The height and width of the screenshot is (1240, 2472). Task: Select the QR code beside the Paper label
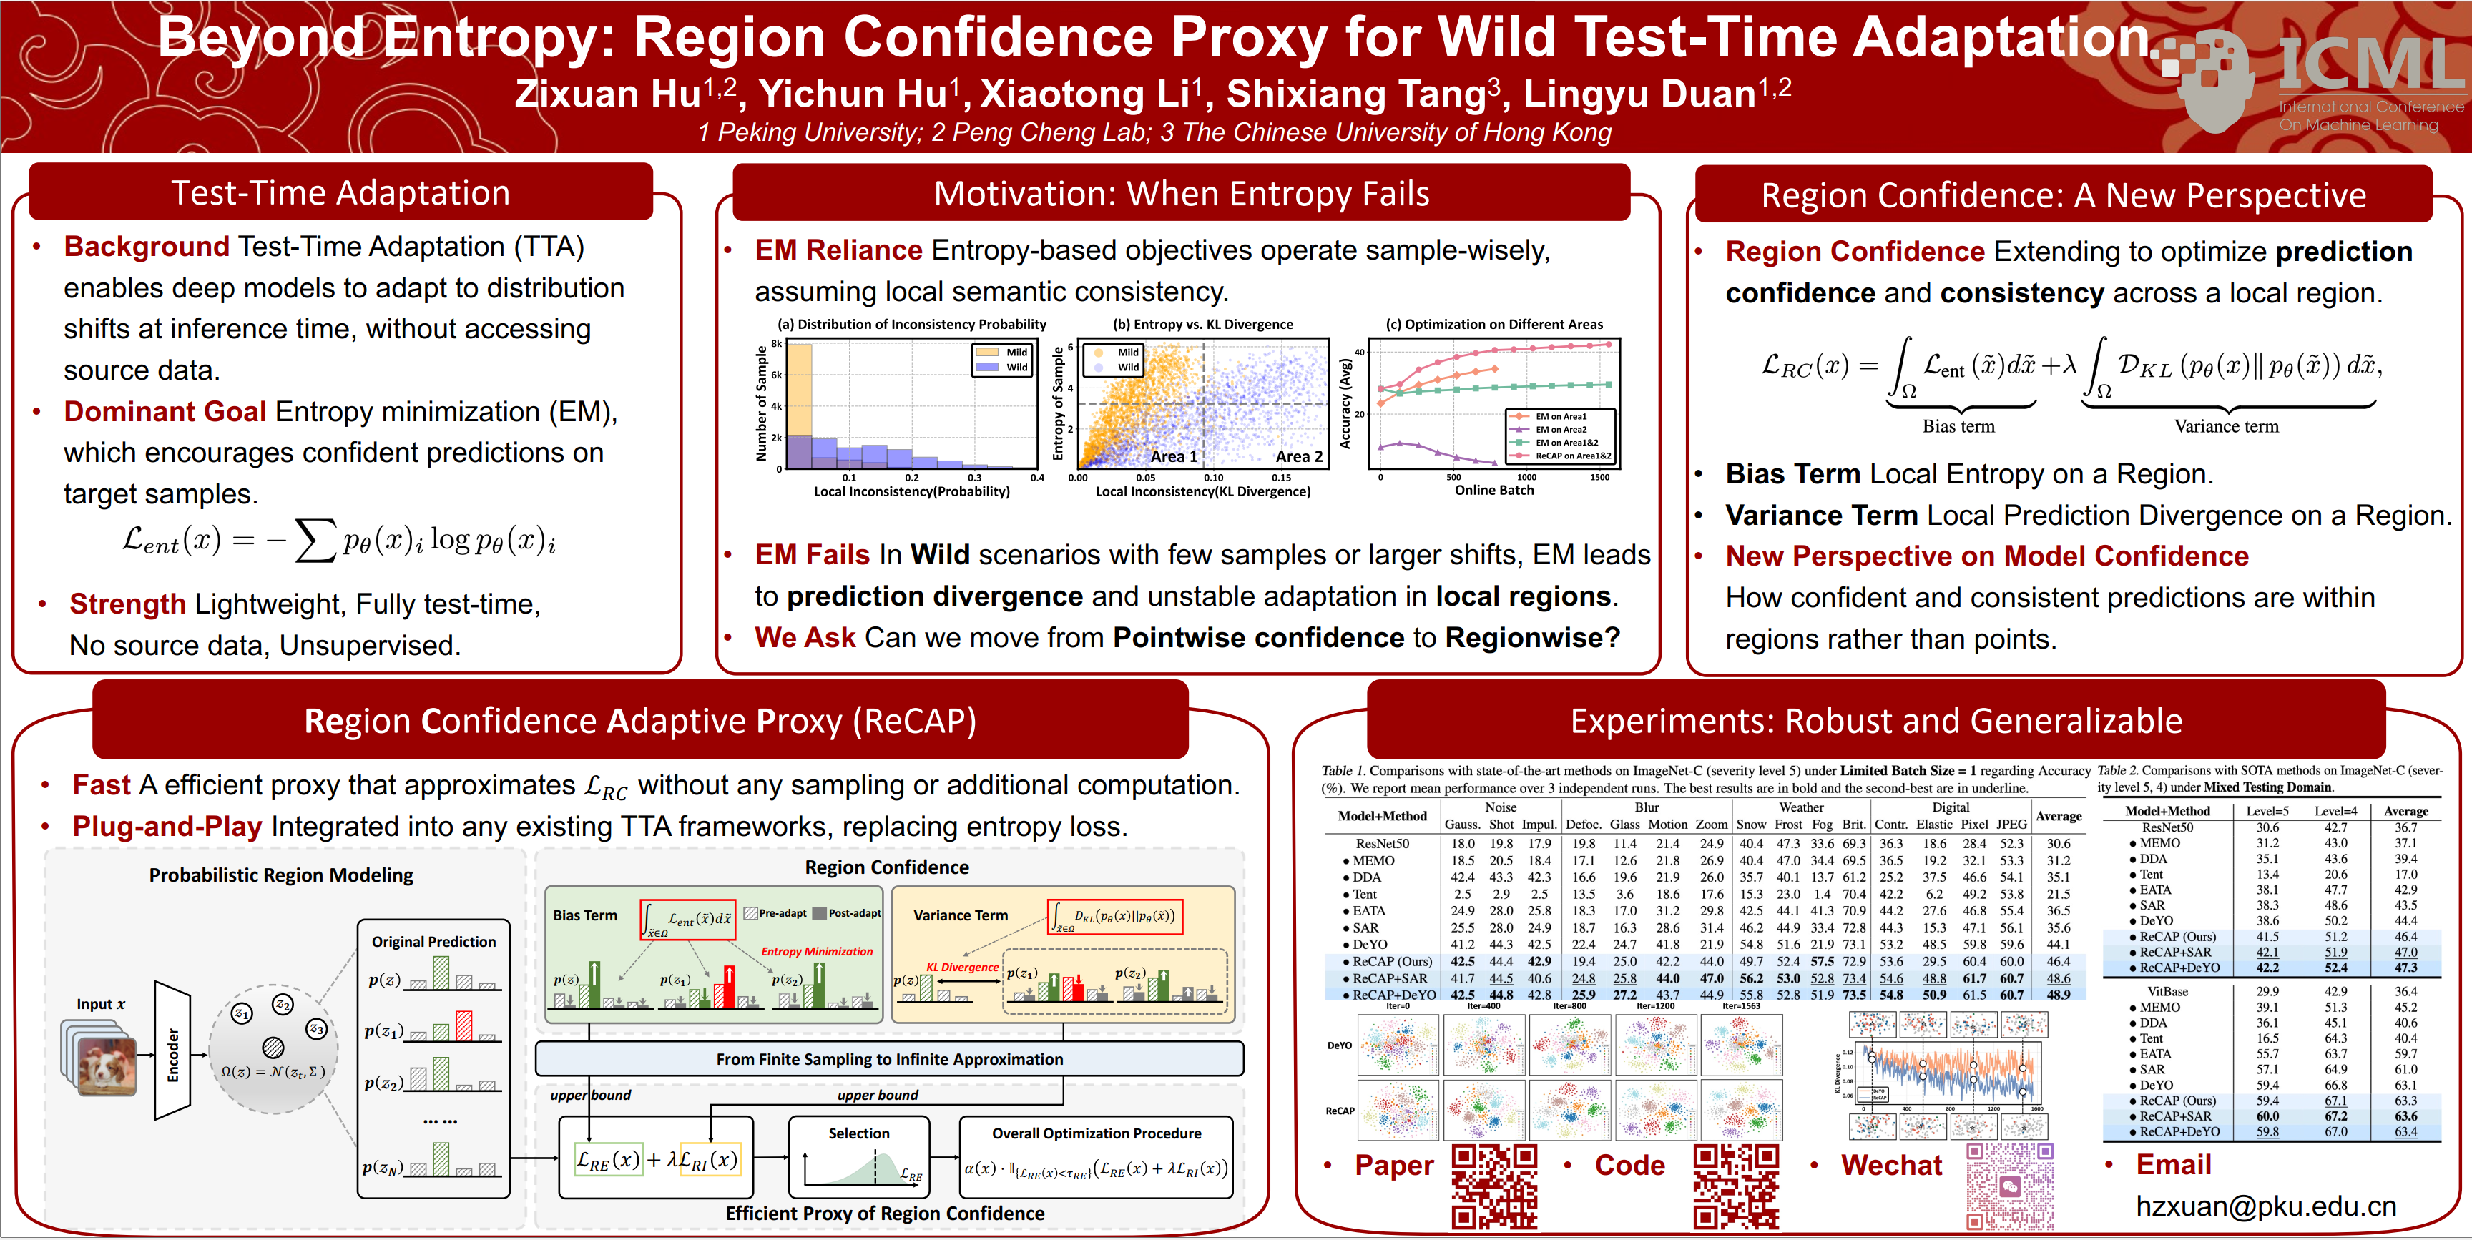(1494, 1186)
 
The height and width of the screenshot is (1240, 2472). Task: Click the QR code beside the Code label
(1736, 1186)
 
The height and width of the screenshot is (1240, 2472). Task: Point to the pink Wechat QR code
(2009, 1186)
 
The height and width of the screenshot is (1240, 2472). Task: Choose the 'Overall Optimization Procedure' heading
(1096, 1133)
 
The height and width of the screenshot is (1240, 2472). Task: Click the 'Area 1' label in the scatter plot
(1174, 457)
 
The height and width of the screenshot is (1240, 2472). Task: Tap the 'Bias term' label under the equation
(1958, 426)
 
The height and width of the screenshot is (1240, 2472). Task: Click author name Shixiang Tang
(1356, 94)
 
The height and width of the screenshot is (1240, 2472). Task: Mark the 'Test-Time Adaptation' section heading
(340, 193)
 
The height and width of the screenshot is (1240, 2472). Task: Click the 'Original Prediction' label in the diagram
(433, 942)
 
